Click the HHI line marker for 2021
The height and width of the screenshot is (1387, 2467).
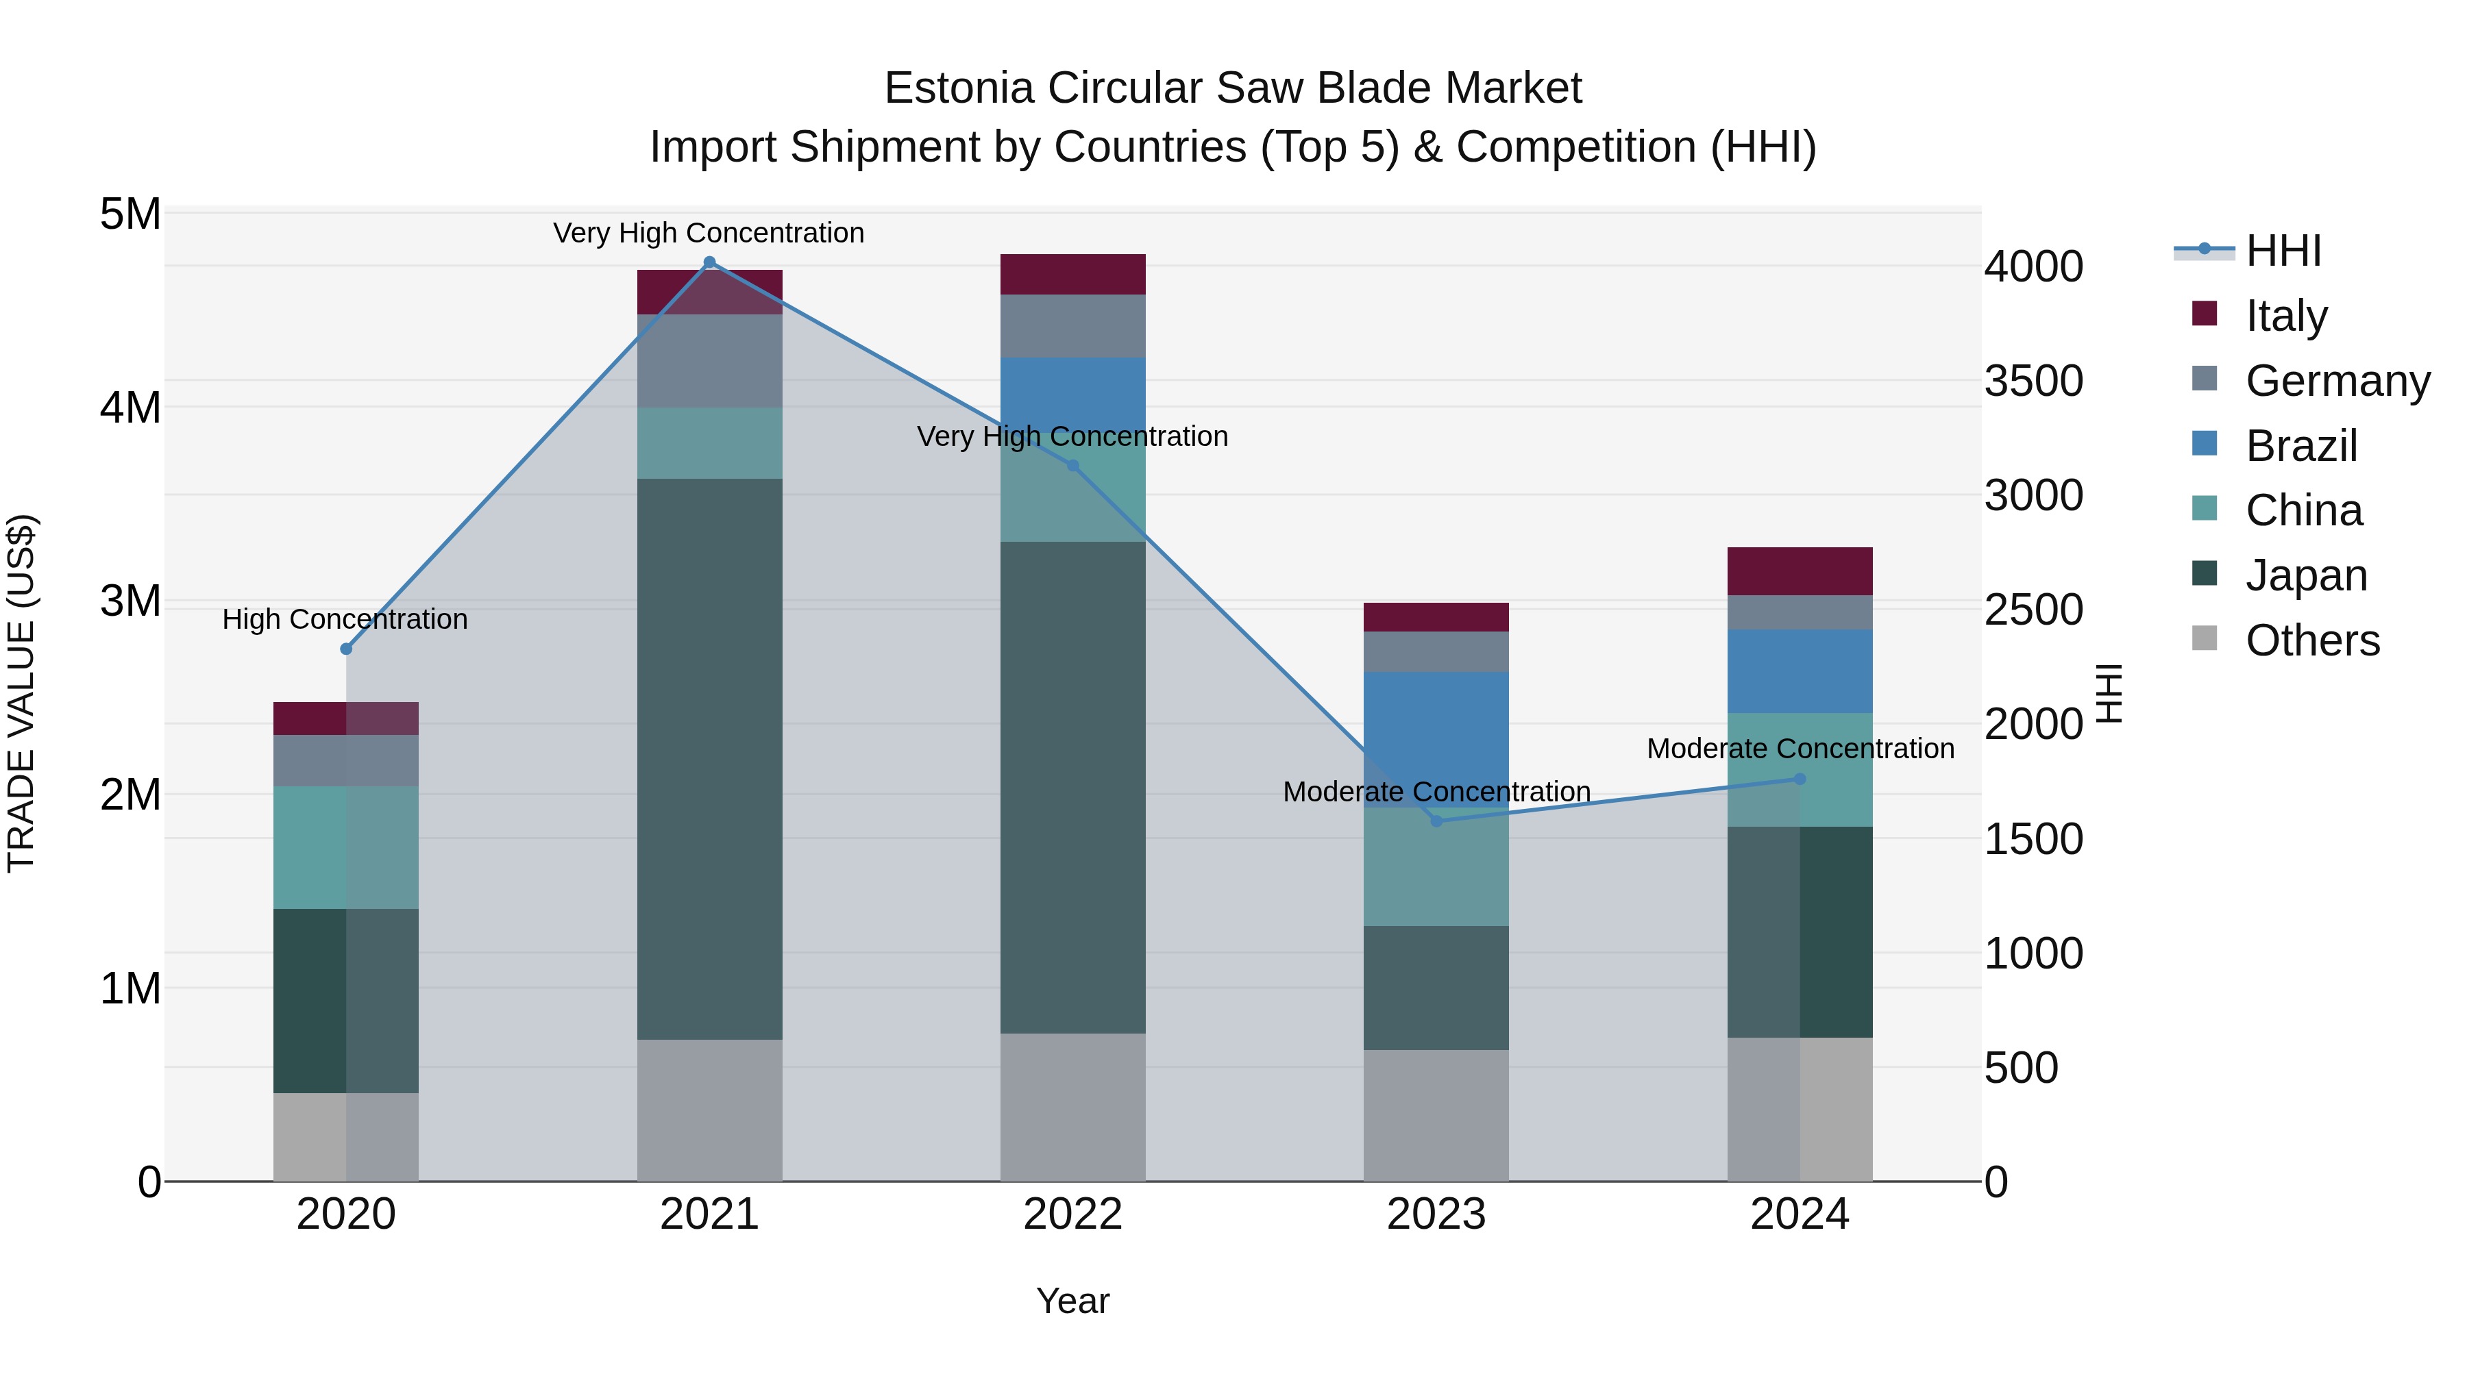click(x=710, y=262)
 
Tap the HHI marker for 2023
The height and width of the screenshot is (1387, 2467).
click(x=1436, y=821)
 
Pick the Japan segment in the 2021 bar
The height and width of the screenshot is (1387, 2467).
click(x=710, y=758)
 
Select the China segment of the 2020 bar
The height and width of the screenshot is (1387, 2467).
click(x=346, y=847)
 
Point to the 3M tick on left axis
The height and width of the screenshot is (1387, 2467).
click(x=131, y=601)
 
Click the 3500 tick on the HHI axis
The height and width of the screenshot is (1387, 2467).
click(x=2033, y=381)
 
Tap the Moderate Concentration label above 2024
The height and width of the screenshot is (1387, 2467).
click(x=1800, y=749)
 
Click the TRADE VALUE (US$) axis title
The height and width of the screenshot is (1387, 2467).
click(x=22, y=693)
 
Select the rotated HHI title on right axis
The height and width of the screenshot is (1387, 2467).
click(x=2110, y=693)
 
